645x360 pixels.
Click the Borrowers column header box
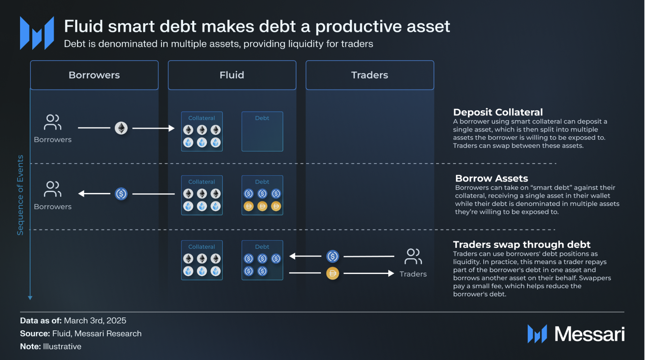pyautogui.click(x=94, y=75)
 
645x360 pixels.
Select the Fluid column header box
pyautogui.click(x=232, y=75)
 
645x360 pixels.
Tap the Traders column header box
pyautogui.click(x=370, y=75)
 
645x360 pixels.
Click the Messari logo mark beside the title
pyautogui.click(x=37, y=33)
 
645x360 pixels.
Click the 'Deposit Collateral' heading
pyautogui.click(x=498, y=112)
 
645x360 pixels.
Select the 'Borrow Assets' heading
pyautogui.click(x=492, y=178)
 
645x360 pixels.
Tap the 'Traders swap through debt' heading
pyautogui.click(x=522, y=244)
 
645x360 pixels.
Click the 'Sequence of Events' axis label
pyautogui.click(x=20, y=195)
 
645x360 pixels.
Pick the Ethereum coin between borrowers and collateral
pyautogui.click(x=121, y=128)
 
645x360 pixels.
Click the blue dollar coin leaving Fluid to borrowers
pyautogui.click(x=121, y=194)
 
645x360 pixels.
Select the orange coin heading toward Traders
pyautogui.click(x=333, y=273)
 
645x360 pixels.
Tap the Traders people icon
pyautogui.click(x=413, y=256)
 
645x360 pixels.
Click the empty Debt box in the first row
pyautogui.click(x=262, y=131)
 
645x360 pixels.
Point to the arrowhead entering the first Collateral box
pyautogui.click(x=172, y=128)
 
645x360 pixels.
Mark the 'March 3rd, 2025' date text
pyautogui.click(x=95, y=321)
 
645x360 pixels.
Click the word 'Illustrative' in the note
pyautogui.click(x=62, y=346)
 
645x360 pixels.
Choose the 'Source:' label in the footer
pyautogui.click(x=35, y=333)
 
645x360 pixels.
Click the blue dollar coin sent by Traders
pyautogui.click(x=333, y=256)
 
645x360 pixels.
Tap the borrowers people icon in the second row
pyautogui.click(x=53, y=189)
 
